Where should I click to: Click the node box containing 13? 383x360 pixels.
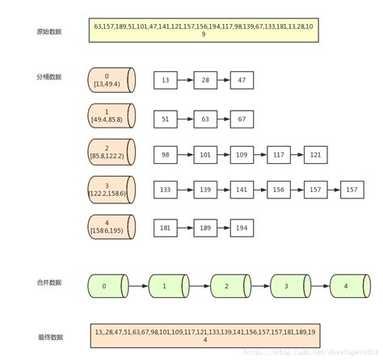pyautogui.click(x=166, y=81)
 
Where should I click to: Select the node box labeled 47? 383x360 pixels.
pyautogui.click(x=242, y=81)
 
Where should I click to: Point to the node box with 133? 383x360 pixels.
pyautogui.click(x=166, y=189)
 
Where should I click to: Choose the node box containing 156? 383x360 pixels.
pyautogui.click(x=279, y=189)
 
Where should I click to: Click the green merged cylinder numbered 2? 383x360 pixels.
pyautogui.click(x=227, y=286)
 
